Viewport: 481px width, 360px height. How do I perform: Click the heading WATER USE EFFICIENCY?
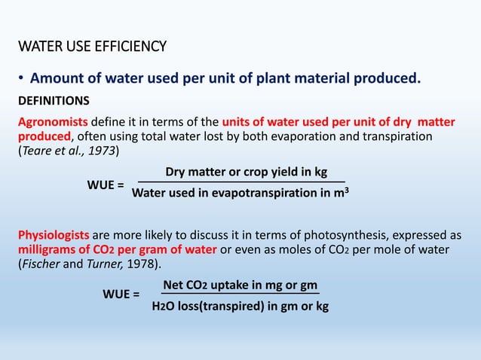click(x=92, y=47)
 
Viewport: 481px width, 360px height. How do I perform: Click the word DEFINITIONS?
click(x=54, y=100)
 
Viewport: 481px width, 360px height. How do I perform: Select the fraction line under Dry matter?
click(x=240, y=182)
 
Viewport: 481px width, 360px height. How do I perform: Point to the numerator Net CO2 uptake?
click(x=240, y=285)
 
